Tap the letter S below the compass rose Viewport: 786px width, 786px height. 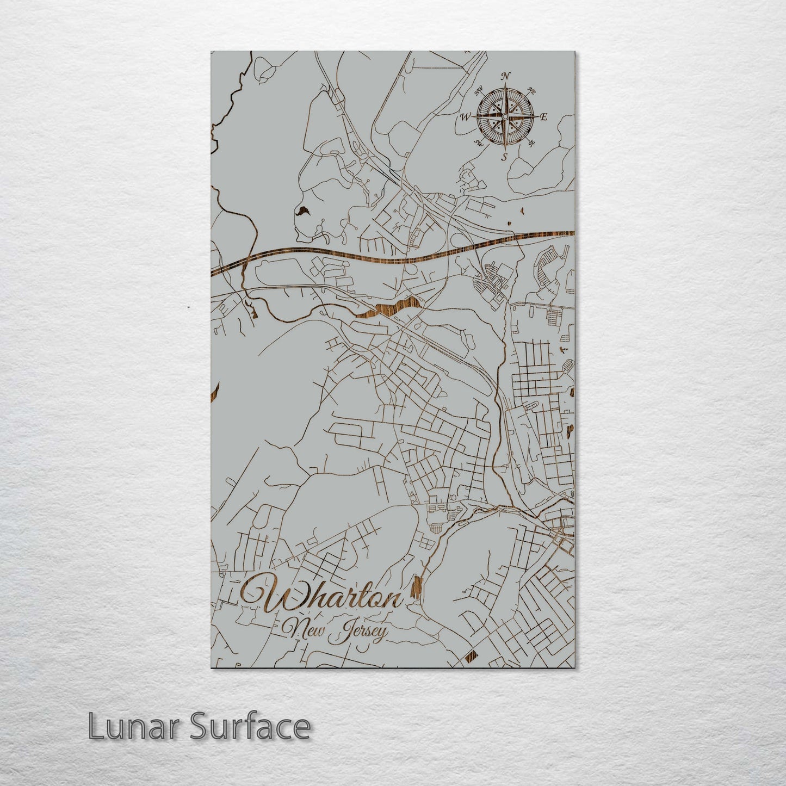pyautogui.click(x=504, y=157)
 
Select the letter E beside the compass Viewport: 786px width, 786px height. pyautogui.click(x=544, y=117)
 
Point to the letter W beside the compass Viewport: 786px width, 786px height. pyautogui.click(x=466, y=116)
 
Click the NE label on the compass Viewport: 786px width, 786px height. pyautogui.click(x=532, y=92)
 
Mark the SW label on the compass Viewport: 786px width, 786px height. pyautogui.click(x=479, y=143)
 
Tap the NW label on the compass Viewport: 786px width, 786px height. pyautogui.click(x=479, y=90)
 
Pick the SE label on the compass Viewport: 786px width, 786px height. pyautogui.click(x=532, y=143)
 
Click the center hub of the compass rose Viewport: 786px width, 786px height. pyautogui.click(x=505, y=116)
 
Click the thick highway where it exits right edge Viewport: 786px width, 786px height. pyautogui.click(x=568, y=233)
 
